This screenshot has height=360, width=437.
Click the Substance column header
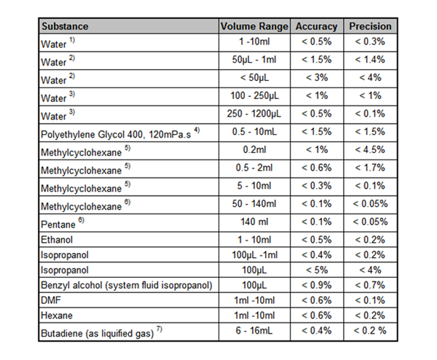click(x=65, y=26)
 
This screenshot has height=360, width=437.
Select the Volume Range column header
click(x=254, y=26)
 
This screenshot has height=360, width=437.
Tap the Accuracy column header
click(x=316, y=26)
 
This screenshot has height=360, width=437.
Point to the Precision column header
click(x=370, y=26)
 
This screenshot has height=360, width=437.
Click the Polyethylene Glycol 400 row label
click(x=120, y=133)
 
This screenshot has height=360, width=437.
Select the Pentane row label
click(x=63, y=224)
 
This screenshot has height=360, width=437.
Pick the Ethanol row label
click(x=57, y=240)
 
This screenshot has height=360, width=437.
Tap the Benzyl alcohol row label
click(x=127, y=285)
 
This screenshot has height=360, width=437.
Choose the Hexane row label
click(x=57, y=316)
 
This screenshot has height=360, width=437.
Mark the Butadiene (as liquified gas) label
click(x=101, y=332)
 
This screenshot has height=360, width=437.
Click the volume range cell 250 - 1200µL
click(x=254, y=114)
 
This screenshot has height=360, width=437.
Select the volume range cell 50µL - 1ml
click(x=254, y=60)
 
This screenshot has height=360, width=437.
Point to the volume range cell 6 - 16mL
click(x=254, y=330)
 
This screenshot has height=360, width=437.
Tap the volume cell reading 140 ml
click(x=254, y=222)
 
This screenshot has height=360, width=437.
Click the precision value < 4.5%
click(x=370, y=149)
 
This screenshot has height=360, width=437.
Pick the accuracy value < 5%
click(x=317, y=270)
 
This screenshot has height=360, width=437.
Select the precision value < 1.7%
click(x=370, y=168)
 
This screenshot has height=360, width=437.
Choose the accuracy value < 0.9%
click(x=317, y=285)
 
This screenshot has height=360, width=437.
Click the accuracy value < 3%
click(x=317, y=77)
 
